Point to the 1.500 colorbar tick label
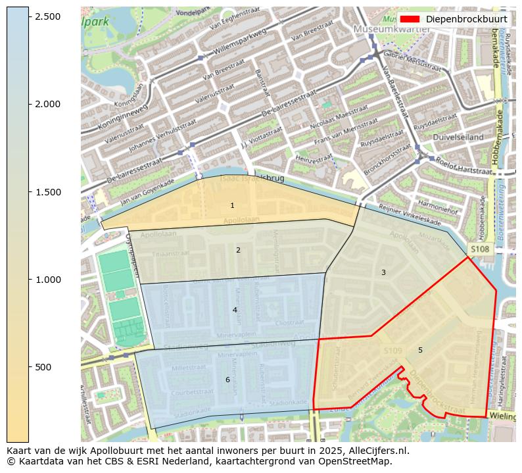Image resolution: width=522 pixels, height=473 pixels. pos(47,192)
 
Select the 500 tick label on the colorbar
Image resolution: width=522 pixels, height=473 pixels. pos(43,367)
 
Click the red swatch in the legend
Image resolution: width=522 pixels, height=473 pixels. pos(410,19)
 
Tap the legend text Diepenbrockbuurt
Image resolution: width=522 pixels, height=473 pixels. pos(466,19)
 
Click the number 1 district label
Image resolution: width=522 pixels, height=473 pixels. pos(232,206)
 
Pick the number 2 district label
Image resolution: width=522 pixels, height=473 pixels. pos(238,250)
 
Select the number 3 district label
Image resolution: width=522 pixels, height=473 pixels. pos(383,272)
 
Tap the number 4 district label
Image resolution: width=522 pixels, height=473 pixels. pos(235,310)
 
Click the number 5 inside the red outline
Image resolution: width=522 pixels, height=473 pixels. pos(420,350)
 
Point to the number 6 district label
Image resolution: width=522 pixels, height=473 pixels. pos(227,380)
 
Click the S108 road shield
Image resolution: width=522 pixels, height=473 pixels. pos(479,249)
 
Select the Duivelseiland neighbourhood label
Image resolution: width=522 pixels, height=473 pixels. pos(458,137)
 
